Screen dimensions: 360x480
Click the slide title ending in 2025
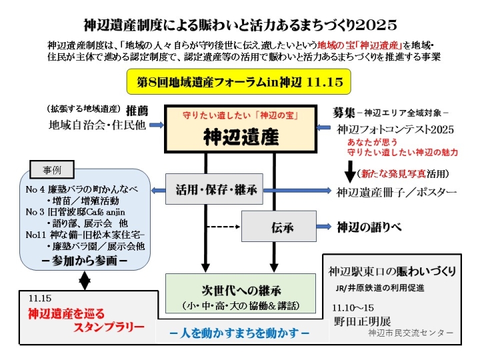coord(240,25)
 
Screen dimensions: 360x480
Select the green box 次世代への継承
coord(241,297)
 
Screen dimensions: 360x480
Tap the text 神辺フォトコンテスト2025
coord(395,128)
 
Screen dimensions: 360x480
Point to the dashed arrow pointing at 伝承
coord(220,227)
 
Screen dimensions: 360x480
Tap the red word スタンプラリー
coord(109,327)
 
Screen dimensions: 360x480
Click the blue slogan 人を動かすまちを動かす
coord(239,332)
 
